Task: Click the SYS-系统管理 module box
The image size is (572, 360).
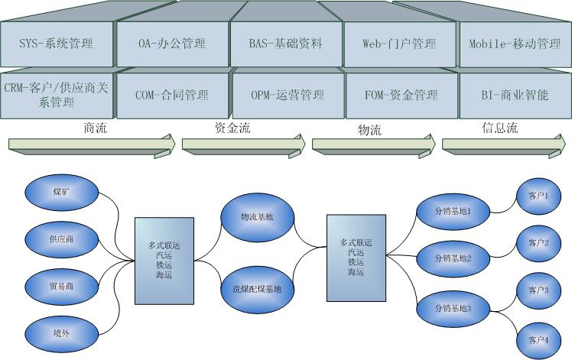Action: [x=57, y=44]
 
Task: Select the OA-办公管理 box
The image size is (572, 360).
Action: [x=172, y=44]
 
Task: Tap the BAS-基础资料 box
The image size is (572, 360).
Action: [x=287, y=44]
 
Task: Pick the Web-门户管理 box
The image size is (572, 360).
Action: [x=400, y=44]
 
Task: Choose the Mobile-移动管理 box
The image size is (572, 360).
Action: [x=515, y=44]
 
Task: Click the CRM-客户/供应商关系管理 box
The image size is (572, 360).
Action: [x=57, y=96]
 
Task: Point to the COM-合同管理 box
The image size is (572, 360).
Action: [x=172, y=96]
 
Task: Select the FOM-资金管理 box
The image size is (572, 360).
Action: [x=401, y=96]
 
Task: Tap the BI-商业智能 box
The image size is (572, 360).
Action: [x=515, y=96]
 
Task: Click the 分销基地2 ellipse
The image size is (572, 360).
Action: [x=453, y=258]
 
